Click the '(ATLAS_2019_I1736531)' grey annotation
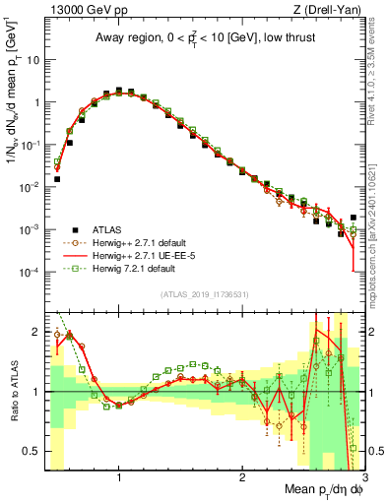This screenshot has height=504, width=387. [x=204, y=294]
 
